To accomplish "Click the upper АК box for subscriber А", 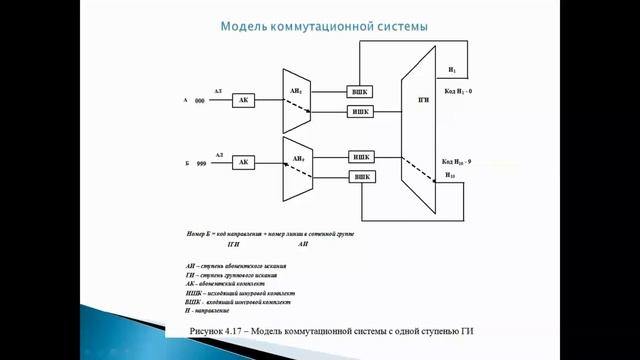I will (x=244, y=101).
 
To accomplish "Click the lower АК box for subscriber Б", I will (x=244, y=162).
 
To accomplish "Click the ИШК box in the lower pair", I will (x=360, y=156).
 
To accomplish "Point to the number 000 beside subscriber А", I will (x=200, y=102).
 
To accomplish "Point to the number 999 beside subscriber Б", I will (x=200, y=163).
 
